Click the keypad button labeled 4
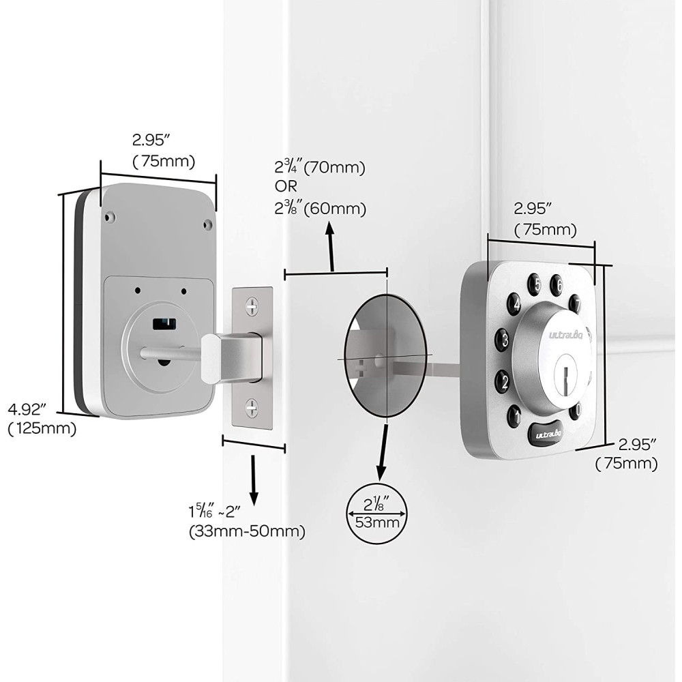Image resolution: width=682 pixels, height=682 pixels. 514,303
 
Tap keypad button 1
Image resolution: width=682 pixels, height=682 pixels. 514,413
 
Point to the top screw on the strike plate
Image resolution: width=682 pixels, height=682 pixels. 252,305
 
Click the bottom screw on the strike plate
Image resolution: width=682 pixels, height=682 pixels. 252,408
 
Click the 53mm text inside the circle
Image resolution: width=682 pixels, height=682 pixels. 374,523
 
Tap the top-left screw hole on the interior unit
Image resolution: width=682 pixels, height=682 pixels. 109,218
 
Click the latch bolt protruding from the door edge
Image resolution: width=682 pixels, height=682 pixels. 228,356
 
